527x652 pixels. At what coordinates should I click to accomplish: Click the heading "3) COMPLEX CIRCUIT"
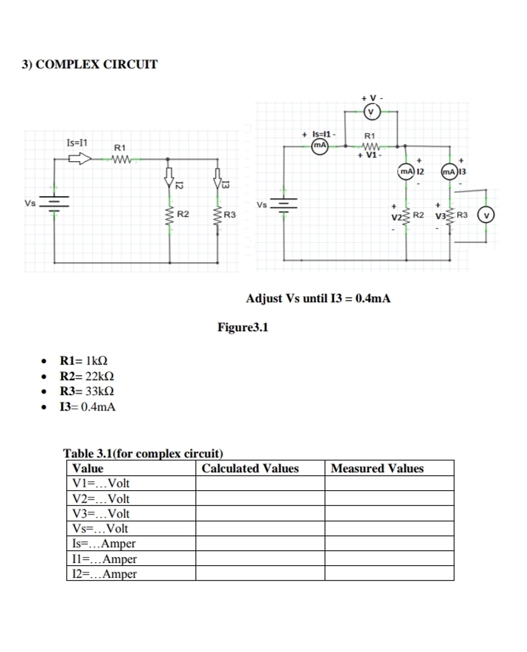[89, 64]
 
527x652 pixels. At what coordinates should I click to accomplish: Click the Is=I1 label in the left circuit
[77, 142]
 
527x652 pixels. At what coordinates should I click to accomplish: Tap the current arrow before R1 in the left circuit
[80, 157]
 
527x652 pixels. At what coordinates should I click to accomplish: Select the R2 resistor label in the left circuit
[182, 215]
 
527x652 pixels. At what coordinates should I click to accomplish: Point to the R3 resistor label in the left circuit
[229, 215]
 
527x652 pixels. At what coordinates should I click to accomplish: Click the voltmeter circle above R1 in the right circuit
[371, 113]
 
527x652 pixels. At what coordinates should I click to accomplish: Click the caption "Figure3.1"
[242, 326]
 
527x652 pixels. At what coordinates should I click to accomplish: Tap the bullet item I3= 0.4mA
[87, 406]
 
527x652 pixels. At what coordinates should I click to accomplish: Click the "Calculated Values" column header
[250, 469]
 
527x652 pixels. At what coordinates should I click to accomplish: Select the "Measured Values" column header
[377, 469]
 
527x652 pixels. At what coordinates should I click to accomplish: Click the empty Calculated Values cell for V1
[260, 484]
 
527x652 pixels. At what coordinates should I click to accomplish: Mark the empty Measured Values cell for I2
[389, 573]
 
